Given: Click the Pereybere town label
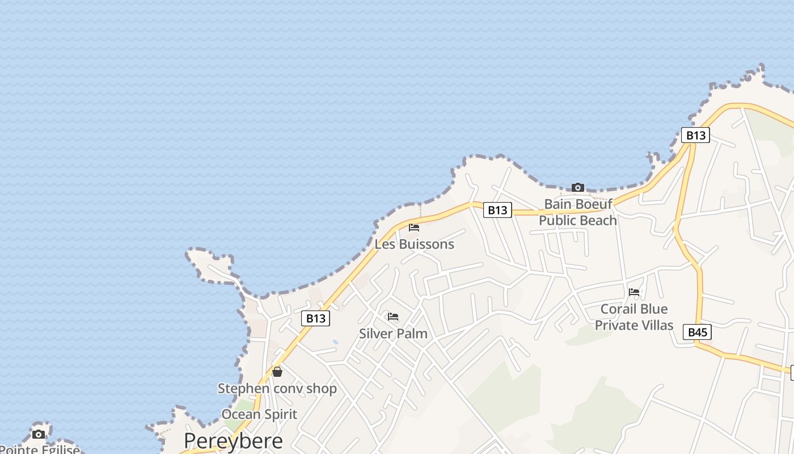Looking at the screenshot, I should tap(233, 441).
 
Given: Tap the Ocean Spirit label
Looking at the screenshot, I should tap(259, 414).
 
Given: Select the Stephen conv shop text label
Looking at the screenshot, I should tap(277, 389).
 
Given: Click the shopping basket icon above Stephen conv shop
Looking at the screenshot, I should tap(277, 372).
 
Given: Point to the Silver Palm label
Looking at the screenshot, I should tap(393, 334).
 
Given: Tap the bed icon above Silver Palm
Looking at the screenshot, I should tap(393, 317).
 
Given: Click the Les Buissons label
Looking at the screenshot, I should tap(414, 245).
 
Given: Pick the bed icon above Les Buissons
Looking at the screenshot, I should tap(414, 228).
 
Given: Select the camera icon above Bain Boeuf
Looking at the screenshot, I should tap(577, 187).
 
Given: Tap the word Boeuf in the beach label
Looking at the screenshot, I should tap(593, 204).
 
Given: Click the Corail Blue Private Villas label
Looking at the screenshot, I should tap(634, 317).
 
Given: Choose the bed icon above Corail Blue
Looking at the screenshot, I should tap(634, 292).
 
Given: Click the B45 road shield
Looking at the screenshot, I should tap(697, 332).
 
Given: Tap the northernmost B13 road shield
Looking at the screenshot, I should tap(695, 135).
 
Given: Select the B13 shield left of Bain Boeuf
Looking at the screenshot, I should tap(497, 210).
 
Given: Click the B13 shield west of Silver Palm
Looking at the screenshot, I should tap(315, 318).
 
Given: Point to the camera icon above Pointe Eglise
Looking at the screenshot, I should tap(39, 435).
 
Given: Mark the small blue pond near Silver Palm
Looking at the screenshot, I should tap(335, 343).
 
